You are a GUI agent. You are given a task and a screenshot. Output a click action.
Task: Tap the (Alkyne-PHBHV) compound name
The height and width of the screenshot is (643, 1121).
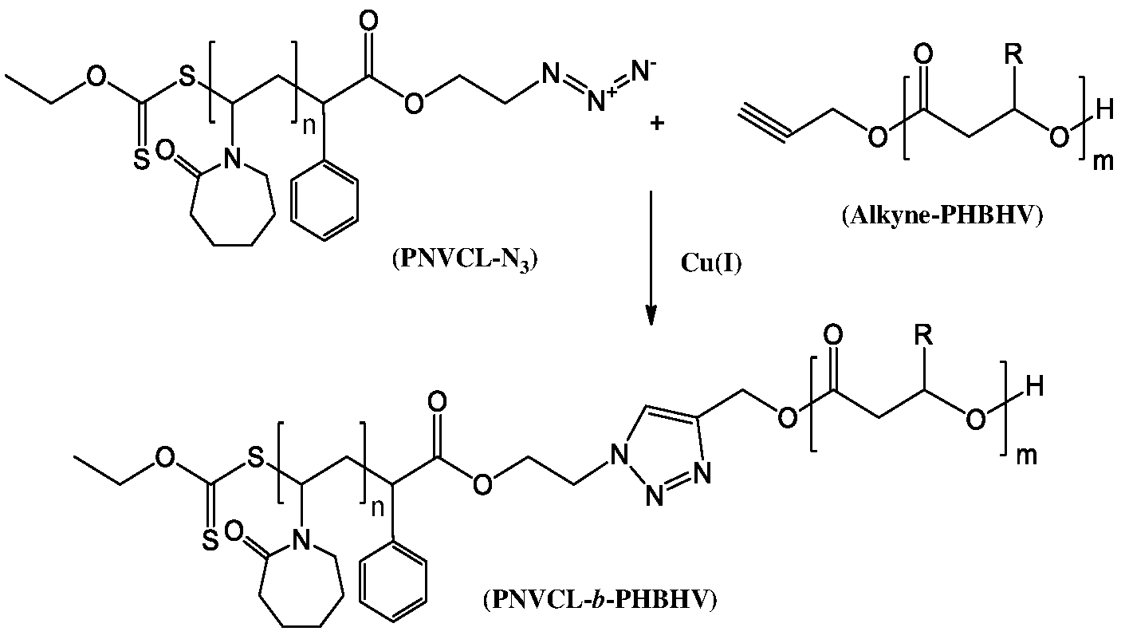(x=942, y=217)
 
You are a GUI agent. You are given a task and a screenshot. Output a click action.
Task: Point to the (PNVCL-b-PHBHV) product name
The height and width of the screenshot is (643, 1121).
(x=599, y=598)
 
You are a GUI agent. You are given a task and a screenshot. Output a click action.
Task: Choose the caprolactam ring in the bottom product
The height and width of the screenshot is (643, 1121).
(x=299, y=586)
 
